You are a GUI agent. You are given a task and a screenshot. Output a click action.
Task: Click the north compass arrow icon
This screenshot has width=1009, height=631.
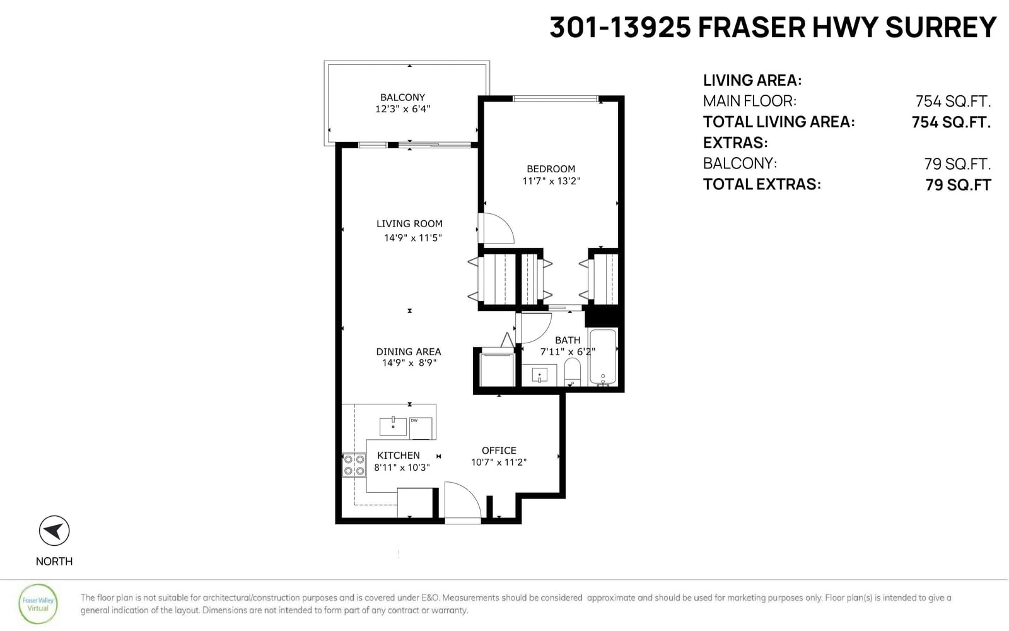click(x=54, y=531)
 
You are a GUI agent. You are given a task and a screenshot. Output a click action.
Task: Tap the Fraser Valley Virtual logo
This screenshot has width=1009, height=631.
click(x=38, y=604)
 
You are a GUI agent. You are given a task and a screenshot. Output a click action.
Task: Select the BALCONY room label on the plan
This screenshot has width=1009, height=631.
click(x=402, y=97)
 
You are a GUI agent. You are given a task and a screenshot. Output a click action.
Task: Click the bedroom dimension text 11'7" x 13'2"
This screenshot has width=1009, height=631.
click(x=551, y=181)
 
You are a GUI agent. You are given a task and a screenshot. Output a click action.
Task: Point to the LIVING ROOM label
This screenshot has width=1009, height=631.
click(x=409, y=223)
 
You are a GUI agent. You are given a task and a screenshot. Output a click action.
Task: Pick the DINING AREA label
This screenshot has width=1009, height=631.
click(x=409, y=351)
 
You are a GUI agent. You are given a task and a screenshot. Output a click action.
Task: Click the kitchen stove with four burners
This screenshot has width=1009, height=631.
click(x=354, y=465)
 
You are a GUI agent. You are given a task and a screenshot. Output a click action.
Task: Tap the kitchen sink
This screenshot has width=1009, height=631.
click(x=393, y=426)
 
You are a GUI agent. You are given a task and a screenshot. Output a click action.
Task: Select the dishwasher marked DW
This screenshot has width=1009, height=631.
click(x=420, y=428)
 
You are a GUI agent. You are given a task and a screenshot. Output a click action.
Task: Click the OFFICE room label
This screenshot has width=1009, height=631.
click(x=499, y=451)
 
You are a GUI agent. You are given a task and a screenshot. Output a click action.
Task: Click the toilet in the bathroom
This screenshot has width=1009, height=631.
click(x=572, y=372)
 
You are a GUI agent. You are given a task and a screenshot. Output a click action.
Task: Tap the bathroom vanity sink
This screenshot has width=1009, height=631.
click(x=539, y=375)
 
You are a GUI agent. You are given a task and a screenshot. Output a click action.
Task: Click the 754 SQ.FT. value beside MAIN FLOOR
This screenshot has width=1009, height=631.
click(x=953, y=102)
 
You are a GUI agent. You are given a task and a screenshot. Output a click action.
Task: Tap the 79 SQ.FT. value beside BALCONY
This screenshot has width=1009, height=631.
click(x=957, y=164)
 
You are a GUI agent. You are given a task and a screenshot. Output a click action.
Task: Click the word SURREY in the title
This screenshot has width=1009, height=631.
click(x=940, y=27)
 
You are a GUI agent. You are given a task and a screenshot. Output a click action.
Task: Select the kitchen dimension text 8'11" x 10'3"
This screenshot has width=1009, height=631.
click(x=402, y=468)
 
